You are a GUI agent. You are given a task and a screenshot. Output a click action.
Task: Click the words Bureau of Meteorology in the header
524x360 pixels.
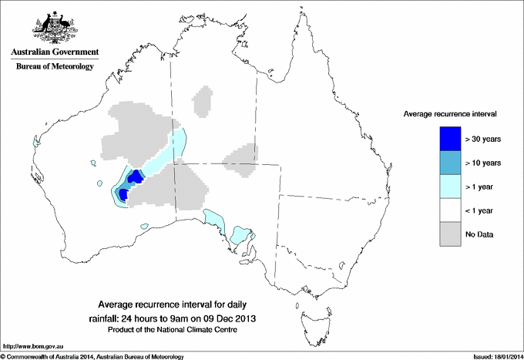point(55,67)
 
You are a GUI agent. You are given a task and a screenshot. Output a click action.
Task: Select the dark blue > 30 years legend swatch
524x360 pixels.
point(450,139)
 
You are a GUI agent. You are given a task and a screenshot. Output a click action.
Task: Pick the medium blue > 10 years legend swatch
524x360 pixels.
point(450,163)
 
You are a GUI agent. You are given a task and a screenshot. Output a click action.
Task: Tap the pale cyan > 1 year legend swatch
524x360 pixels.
point(450,187)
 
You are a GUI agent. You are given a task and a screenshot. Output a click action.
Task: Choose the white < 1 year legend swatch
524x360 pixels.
point(450,210)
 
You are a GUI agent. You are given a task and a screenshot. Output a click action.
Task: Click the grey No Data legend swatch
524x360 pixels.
point(450,234)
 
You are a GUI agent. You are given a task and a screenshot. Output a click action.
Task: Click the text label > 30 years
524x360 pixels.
point(483,140)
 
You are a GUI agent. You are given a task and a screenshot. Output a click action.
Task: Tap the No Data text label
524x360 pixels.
point(479,234)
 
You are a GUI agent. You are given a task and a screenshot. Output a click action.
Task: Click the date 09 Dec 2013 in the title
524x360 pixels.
point(228,318)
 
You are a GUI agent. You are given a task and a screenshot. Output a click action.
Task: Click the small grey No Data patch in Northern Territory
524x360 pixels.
point(203,102)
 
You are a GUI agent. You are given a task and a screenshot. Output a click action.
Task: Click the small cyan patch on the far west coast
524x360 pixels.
point(35,142)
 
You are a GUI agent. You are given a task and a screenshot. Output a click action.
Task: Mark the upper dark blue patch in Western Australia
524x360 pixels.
point(134,178)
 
